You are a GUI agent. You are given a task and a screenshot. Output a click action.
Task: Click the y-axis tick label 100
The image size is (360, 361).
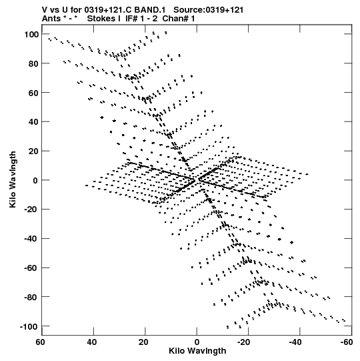pos(31,35)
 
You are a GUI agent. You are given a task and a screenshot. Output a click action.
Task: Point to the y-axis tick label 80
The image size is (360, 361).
pos(33,64)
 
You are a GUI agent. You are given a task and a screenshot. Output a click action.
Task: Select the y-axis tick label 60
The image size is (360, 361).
pos(33,93)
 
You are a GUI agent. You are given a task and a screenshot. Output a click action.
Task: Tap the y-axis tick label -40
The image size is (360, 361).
pos(31,239)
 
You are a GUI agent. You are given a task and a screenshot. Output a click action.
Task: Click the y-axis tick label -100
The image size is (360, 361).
pos(29,326)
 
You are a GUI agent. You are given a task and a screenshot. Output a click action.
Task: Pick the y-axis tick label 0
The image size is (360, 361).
pos(35,180)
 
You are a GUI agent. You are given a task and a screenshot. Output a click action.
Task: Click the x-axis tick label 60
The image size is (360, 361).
pos(40,342)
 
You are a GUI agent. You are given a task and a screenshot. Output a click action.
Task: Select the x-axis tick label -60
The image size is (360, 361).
pos(346,342)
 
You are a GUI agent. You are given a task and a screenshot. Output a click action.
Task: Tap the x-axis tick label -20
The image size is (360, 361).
pos(243,342)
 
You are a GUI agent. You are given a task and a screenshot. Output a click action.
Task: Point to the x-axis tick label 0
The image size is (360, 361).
pos(197,342)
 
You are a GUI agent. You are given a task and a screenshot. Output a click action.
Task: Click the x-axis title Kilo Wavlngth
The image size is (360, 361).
pos(197,351)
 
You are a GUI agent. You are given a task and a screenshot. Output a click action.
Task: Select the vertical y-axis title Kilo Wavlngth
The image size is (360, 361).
pos(13,179)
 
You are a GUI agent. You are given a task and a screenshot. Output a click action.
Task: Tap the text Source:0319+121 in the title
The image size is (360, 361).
pos(209,10)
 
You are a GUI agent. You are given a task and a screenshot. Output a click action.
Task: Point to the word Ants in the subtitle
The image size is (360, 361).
pos(51,19)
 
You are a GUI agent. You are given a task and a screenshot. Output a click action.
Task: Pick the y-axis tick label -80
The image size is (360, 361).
pos(31,297)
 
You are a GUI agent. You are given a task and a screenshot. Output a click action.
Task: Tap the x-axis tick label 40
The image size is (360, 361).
pos(92,342)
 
